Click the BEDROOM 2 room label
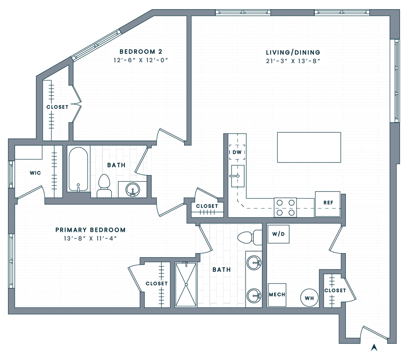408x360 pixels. point(141,51)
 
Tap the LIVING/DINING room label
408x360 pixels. point(293,52)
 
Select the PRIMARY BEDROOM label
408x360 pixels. point(90,230)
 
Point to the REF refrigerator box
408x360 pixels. point(328,203)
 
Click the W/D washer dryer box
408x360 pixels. point(279,234)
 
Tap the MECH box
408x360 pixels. point(277,295)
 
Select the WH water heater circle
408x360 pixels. point(310,297)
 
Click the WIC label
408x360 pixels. point(34,173)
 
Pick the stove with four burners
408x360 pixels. point(286,208)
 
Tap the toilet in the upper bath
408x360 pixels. point(104,186)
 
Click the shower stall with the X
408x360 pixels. point(187,285)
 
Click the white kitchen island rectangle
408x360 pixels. point(309,147)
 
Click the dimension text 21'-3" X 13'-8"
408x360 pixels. point(293,61)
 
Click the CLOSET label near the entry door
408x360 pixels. point(335,291)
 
